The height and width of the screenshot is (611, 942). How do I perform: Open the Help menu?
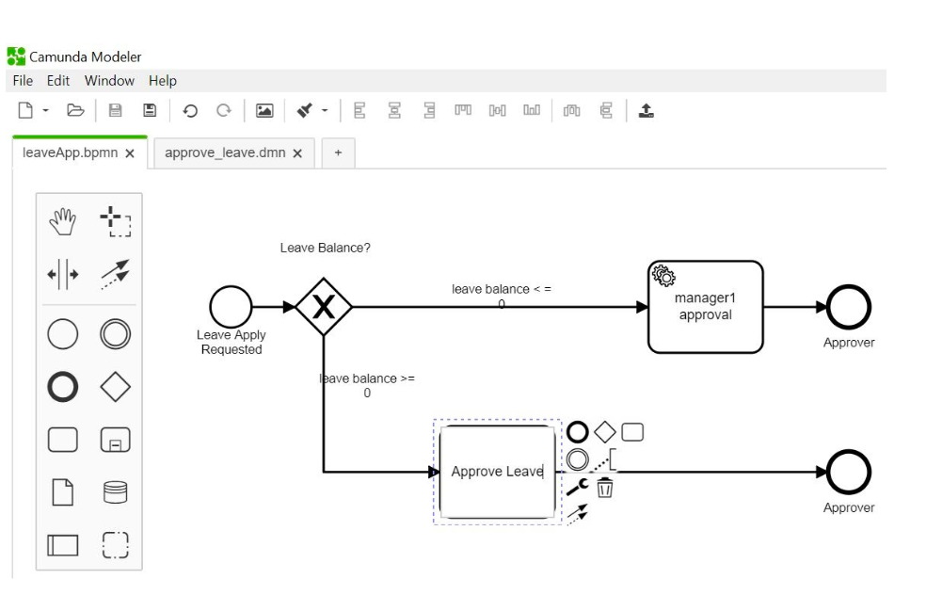(x=162, y=81)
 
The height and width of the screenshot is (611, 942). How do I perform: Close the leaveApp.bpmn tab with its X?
(x=130, y=153)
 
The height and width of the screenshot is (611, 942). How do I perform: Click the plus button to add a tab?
(x=338, y=153)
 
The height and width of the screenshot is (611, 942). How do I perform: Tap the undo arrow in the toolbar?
(x=190, y=112)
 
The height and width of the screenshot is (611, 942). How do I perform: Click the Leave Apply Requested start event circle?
(x=232, y=306)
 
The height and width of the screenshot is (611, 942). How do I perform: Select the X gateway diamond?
(x=323, y=306)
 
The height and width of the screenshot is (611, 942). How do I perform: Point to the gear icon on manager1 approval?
(x=663, y=276)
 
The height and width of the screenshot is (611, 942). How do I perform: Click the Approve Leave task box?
(x=497, y=472)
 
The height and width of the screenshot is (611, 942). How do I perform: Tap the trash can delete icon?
(x=605, y=487)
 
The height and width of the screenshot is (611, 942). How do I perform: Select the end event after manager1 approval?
(x=849, y=306)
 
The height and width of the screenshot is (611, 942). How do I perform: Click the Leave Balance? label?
(x=325, y=249)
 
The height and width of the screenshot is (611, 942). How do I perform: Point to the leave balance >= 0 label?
(x=367, y=386)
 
